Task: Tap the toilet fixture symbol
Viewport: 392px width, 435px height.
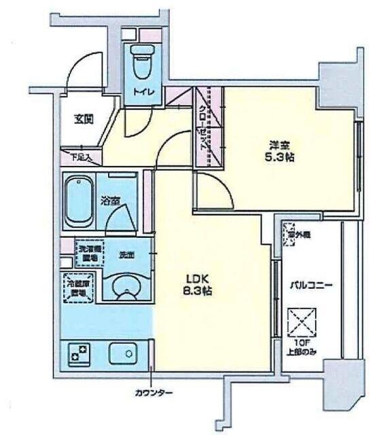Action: point(142,62)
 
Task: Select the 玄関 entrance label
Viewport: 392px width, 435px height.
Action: point(83,119)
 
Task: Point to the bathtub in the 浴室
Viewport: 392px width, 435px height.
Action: point(78,201)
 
